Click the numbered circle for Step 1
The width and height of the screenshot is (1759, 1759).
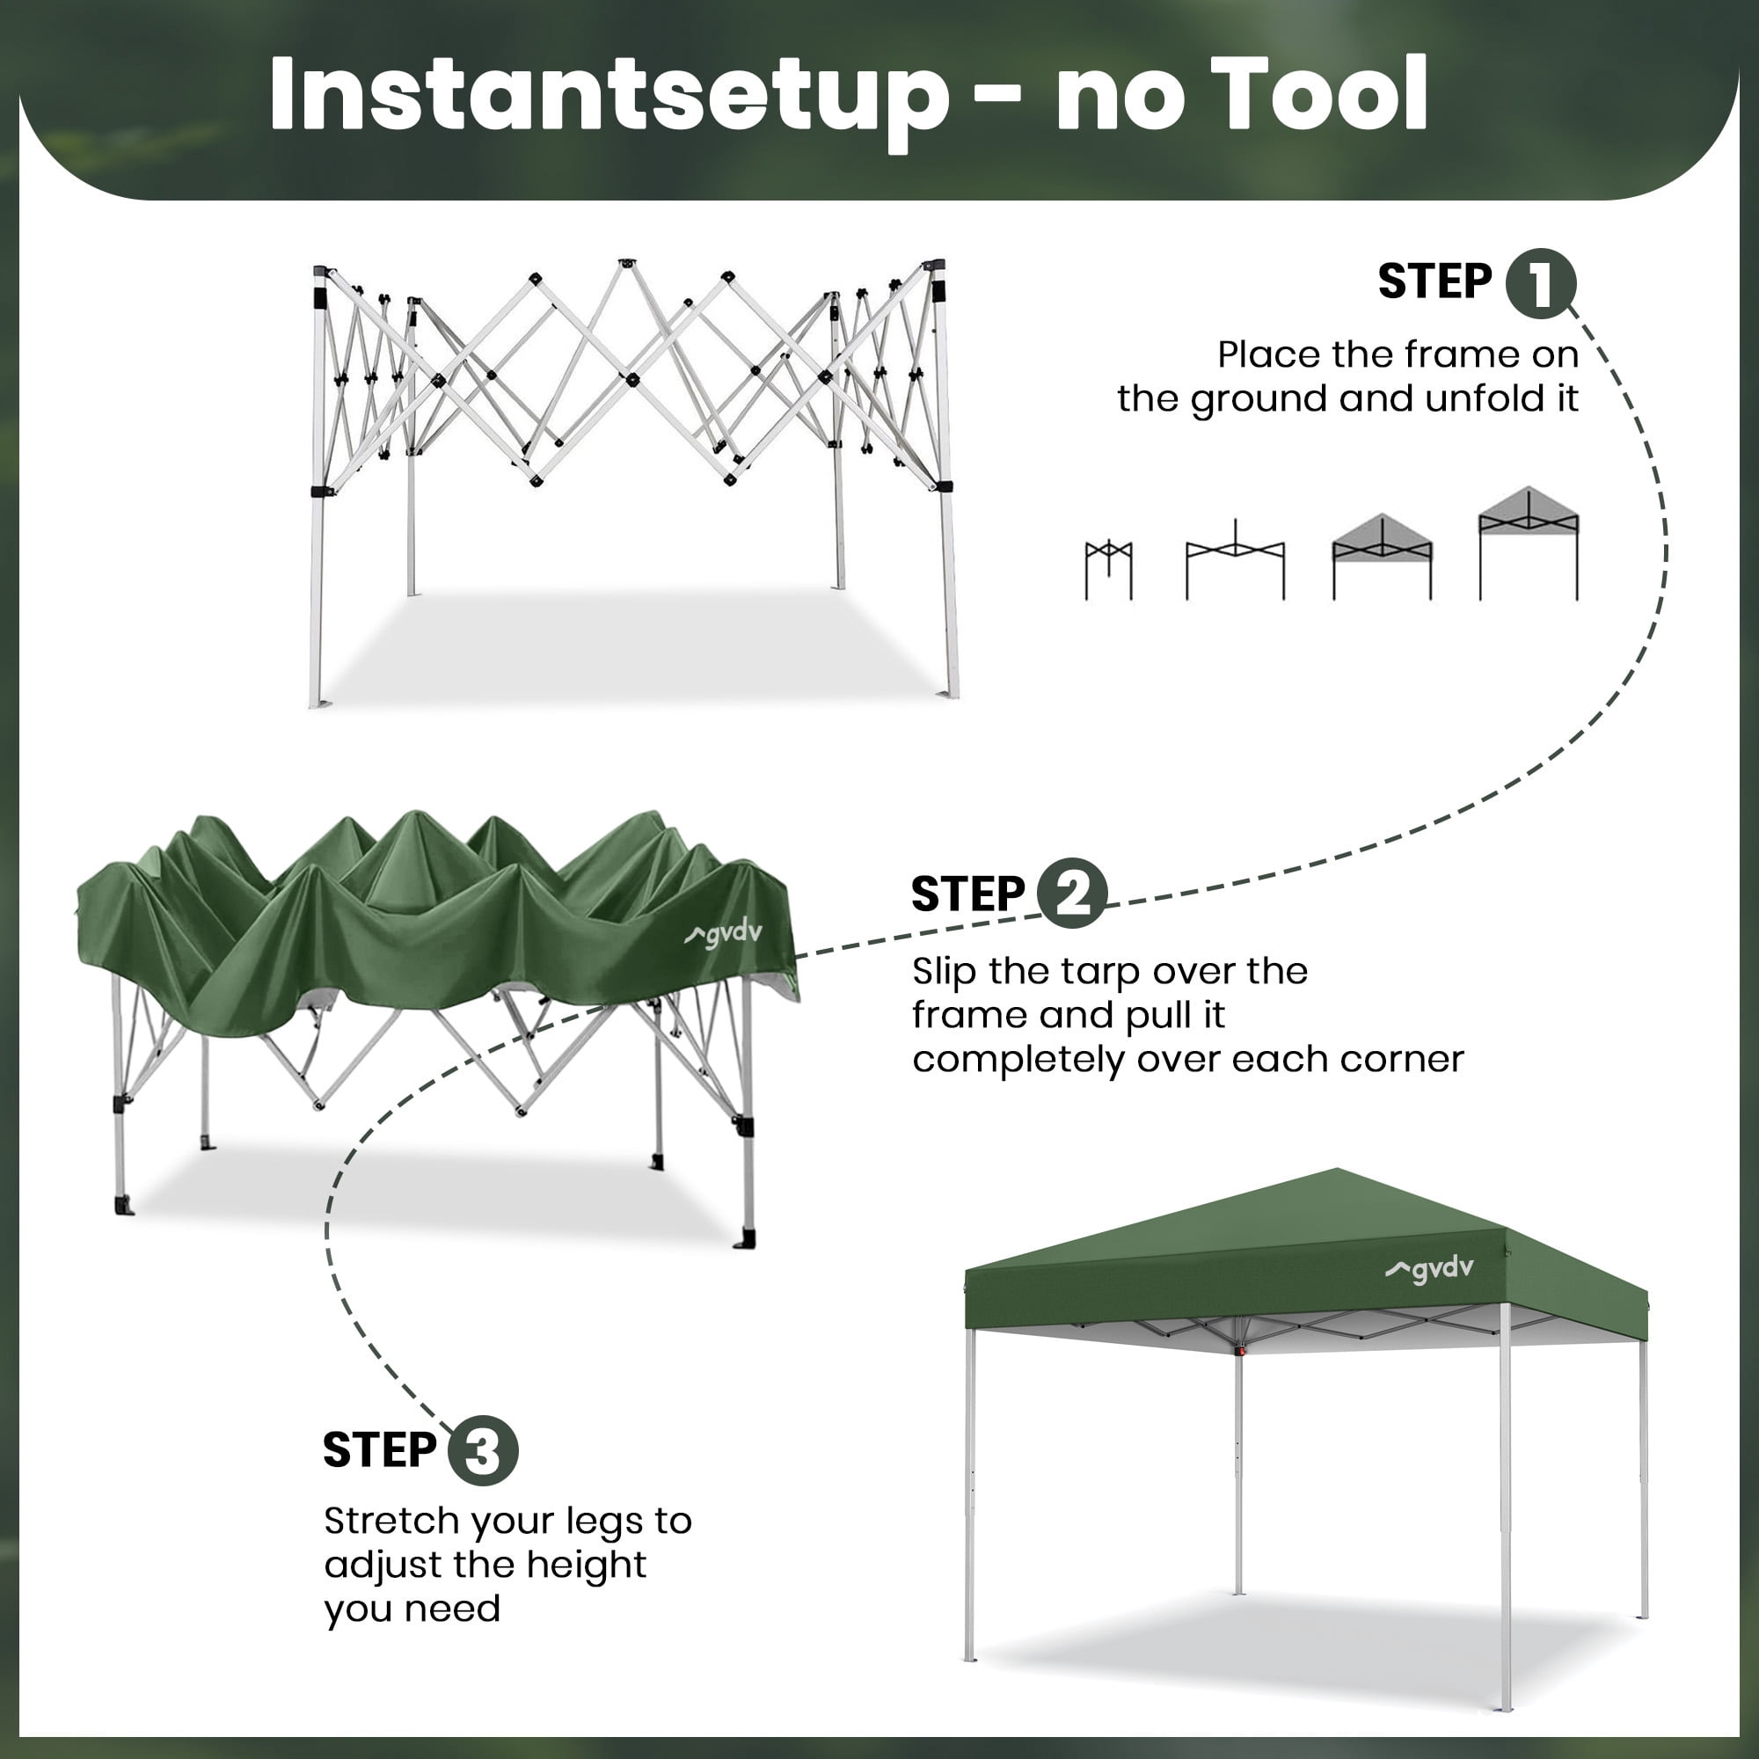(1541, 283)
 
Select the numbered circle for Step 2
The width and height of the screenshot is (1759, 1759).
(1071, 894)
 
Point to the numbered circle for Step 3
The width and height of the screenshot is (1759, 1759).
(483, 1450)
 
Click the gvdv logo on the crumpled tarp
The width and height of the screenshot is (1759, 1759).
(723, 934)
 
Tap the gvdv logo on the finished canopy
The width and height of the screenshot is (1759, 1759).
(1428, 1268)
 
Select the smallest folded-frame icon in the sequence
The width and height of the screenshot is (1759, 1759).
(1108, 570)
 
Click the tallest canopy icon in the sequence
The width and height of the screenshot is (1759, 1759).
(1529, 544)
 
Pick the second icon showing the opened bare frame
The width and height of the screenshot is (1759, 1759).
(1235, 561)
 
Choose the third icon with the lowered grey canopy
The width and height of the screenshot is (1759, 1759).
(1381, 558)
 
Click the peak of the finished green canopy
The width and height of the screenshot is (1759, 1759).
(1337, 1170)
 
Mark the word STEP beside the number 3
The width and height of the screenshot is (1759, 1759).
(380, 1450)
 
